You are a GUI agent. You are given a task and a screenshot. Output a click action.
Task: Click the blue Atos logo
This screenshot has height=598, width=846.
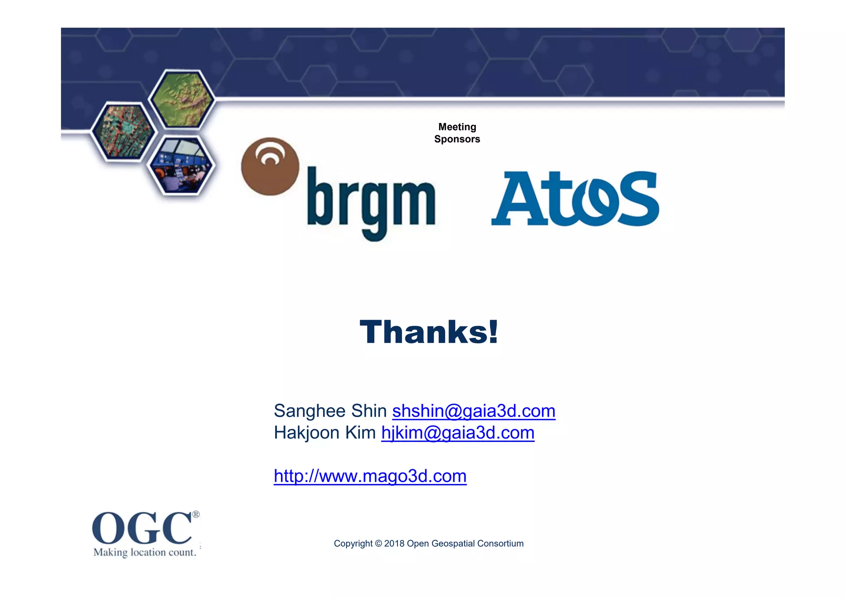tap(575, 199)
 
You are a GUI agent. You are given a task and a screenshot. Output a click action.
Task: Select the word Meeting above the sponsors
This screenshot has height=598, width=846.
tap(457, 127)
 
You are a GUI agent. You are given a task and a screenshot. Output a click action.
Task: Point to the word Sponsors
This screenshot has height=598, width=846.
tap(457, 139)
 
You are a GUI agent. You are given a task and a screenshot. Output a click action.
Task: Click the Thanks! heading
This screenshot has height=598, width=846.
tap(429, 332)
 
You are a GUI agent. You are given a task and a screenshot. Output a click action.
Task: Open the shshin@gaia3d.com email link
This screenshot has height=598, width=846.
tap(473, 411)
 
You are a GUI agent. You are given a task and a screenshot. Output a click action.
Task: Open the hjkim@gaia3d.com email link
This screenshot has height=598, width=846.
tap(458, 433)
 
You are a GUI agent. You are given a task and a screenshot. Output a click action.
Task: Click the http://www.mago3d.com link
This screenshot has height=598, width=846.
tap(370, 476)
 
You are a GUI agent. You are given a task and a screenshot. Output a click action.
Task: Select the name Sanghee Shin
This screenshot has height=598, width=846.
tap(330, 411)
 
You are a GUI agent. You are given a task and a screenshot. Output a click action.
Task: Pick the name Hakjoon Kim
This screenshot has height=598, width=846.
tap(325, 433)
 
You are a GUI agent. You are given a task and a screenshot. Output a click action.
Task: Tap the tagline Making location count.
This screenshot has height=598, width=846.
tap(145, 552)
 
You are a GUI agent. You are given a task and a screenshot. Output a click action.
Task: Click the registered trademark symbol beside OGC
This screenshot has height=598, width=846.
tap(196, 515)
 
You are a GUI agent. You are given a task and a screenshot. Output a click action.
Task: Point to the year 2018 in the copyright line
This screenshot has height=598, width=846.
tap(394, 543)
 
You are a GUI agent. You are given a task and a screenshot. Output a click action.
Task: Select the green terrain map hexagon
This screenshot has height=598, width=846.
tap(182, 99)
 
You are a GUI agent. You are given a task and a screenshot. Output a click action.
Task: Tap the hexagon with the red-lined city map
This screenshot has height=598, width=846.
tap(123, 132)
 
